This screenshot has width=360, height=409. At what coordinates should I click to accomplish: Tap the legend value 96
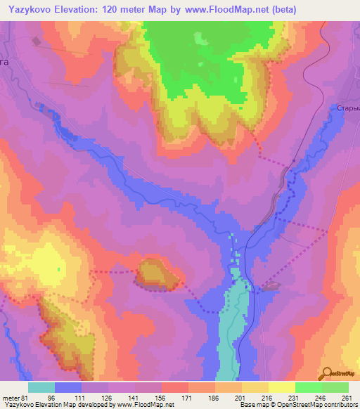[68, 396]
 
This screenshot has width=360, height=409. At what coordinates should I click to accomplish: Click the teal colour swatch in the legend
[41, 387]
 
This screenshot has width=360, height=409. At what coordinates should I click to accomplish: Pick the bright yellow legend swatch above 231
[281, 387]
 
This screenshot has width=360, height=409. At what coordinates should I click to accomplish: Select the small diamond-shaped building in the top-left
[37, 41]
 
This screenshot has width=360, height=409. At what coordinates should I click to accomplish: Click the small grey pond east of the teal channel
[271, 286]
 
